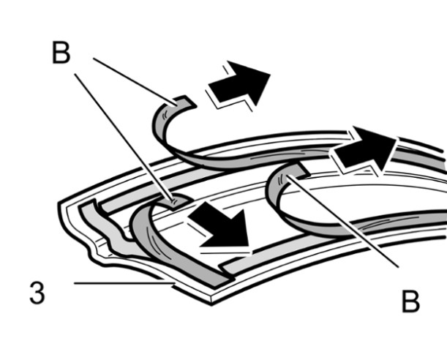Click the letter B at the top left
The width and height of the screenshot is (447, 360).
pos(61,53)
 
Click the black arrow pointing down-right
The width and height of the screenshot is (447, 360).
pos(219,227)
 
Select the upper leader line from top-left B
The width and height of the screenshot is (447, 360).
pos(132,77)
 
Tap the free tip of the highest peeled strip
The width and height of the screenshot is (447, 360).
pos(183,101)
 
